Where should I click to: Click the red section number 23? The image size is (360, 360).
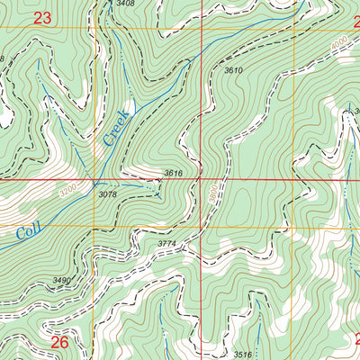[x=41, y=17]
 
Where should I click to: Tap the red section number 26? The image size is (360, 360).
[x=59, y=342]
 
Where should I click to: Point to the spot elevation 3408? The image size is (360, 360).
[x=126, y=4]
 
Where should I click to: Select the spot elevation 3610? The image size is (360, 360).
[x=233, y=70]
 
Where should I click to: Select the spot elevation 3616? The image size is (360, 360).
[x=174, y=173]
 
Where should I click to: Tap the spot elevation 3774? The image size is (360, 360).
[x=167, y=244]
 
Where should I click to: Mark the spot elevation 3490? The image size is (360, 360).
[x=61, y=282]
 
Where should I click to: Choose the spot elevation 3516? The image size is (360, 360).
[x=242, y=355]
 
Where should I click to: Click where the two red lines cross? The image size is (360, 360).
[x=200, y=180]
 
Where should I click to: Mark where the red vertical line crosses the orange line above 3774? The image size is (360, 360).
[x=200, y=226]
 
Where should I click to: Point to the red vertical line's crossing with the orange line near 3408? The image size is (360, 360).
[x=200, y=29]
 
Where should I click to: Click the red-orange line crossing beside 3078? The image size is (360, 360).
[x=94, y=180]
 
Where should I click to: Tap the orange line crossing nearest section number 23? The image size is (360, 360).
[x=94, y=29]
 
